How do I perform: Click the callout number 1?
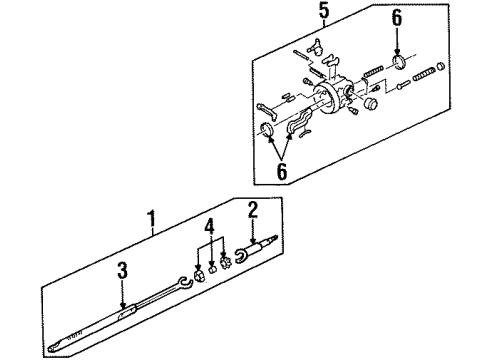152,218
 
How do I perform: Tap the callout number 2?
253,209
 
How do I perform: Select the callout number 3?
122,270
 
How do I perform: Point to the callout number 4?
209,227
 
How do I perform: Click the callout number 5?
324,10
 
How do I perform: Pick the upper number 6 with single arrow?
397,18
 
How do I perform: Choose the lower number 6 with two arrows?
282,172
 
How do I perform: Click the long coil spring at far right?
424,74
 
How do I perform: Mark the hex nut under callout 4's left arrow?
199,275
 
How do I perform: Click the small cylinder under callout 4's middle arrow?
212,269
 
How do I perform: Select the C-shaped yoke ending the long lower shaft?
183,283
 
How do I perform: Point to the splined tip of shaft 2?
274,238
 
